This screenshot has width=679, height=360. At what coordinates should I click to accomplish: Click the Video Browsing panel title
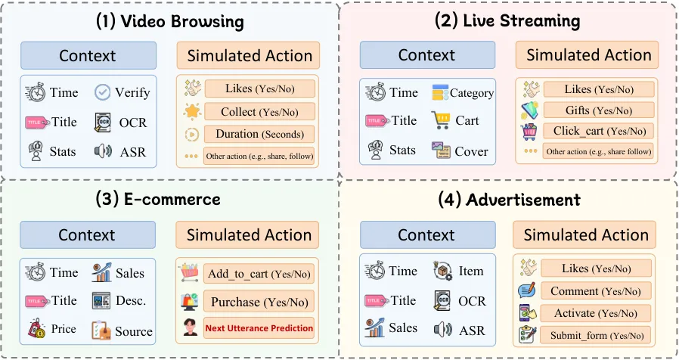tap(169, 20)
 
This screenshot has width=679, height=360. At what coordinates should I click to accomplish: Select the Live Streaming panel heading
tap(507, 20)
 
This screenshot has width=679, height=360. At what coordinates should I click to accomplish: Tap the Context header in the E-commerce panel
tap(88, 235)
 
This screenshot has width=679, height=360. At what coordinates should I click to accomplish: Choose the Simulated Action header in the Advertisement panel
tap(586, 235)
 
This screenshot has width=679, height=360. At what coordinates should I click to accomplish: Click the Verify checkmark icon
tap(102, 92)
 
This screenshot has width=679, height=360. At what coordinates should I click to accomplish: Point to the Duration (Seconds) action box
tap(259, 135)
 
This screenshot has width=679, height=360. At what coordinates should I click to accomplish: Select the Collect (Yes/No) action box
tap(259, 112)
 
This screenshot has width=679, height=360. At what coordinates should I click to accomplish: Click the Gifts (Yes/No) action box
tap(598, 110)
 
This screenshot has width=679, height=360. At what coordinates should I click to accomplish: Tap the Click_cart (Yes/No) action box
tap(598, 131)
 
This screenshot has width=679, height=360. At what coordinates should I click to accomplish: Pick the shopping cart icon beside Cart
tap(441, 121)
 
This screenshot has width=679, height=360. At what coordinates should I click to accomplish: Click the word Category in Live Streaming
tap(472, 93)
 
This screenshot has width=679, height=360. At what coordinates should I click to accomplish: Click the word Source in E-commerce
tap(134, 331)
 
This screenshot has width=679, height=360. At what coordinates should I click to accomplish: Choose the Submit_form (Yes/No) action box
tap(595, 335)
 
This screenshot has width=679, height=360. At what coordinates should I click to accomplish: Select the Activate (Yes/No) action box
tap(595, 313)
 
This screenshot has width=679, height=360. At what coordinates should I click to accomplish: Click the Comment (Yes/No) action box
tap(595, 291)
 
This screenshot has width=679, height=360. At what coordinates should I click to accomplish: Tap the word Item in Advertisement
tap(470, 272)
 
